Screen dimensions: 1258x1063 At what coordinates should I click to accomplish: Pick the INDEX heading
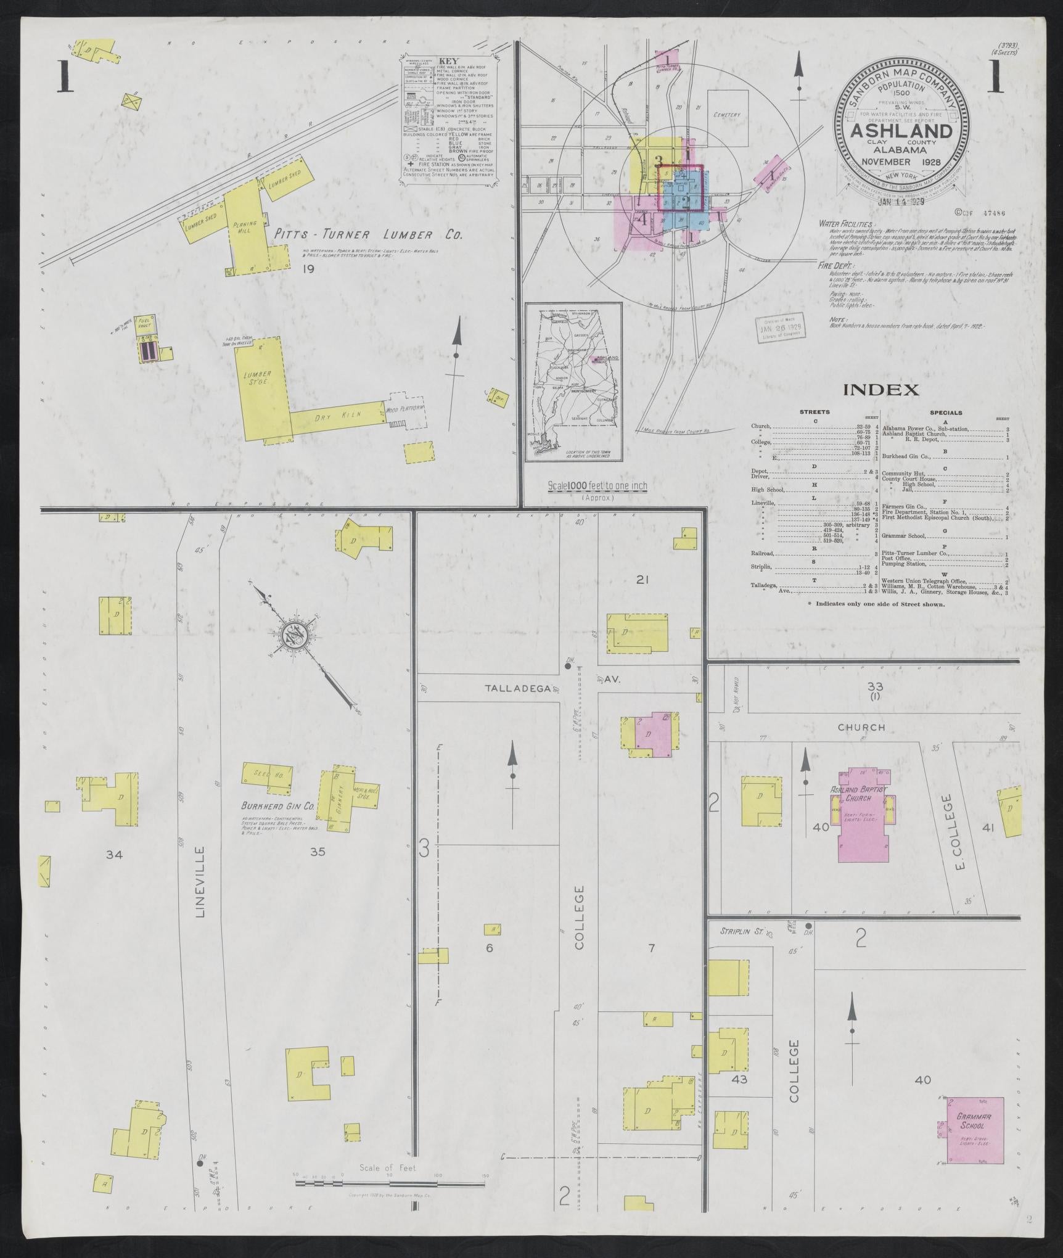(880, 390)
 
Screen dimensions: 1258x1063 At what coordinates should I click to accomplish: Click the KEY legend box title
(446, 62)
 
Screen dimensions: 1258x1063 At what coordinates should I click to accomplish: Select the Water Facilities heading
(846, 224)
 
